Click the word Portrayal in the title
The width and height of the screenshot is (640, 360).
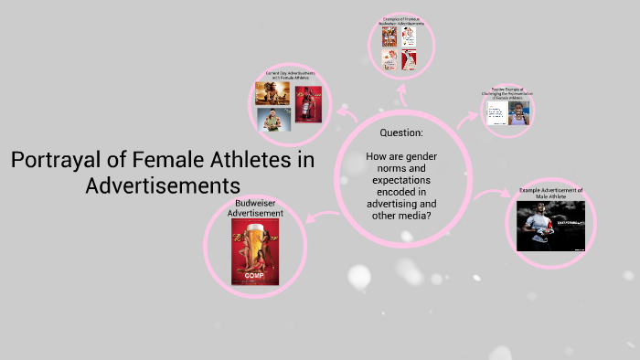(54, 161)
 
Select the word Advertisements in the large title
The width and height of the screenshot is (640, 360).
(162, 185)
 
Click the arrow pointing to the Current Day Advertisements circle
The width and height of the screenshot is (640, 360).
(345, 112)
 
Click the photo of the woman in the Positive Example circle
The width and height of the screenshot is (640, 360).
(518, 113)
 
